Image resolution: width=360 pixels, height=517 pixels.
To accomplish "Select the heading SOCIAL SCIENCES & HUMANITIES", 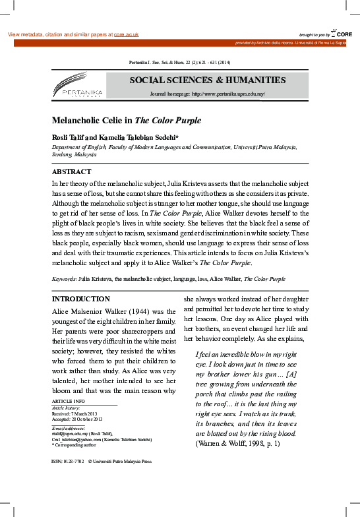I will (207, 80).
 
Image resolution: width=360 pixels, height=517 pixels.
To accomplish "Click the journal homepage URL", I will (227, 94).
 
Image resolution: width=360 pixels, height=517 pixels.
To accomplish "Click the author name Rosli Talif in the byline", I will (71, 137).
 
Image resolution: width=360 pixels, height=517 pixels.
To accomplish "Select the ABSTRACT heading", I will (71, 171).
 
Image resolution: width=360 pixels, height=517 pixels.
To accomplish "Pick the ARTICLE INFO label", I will (69, 401).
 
